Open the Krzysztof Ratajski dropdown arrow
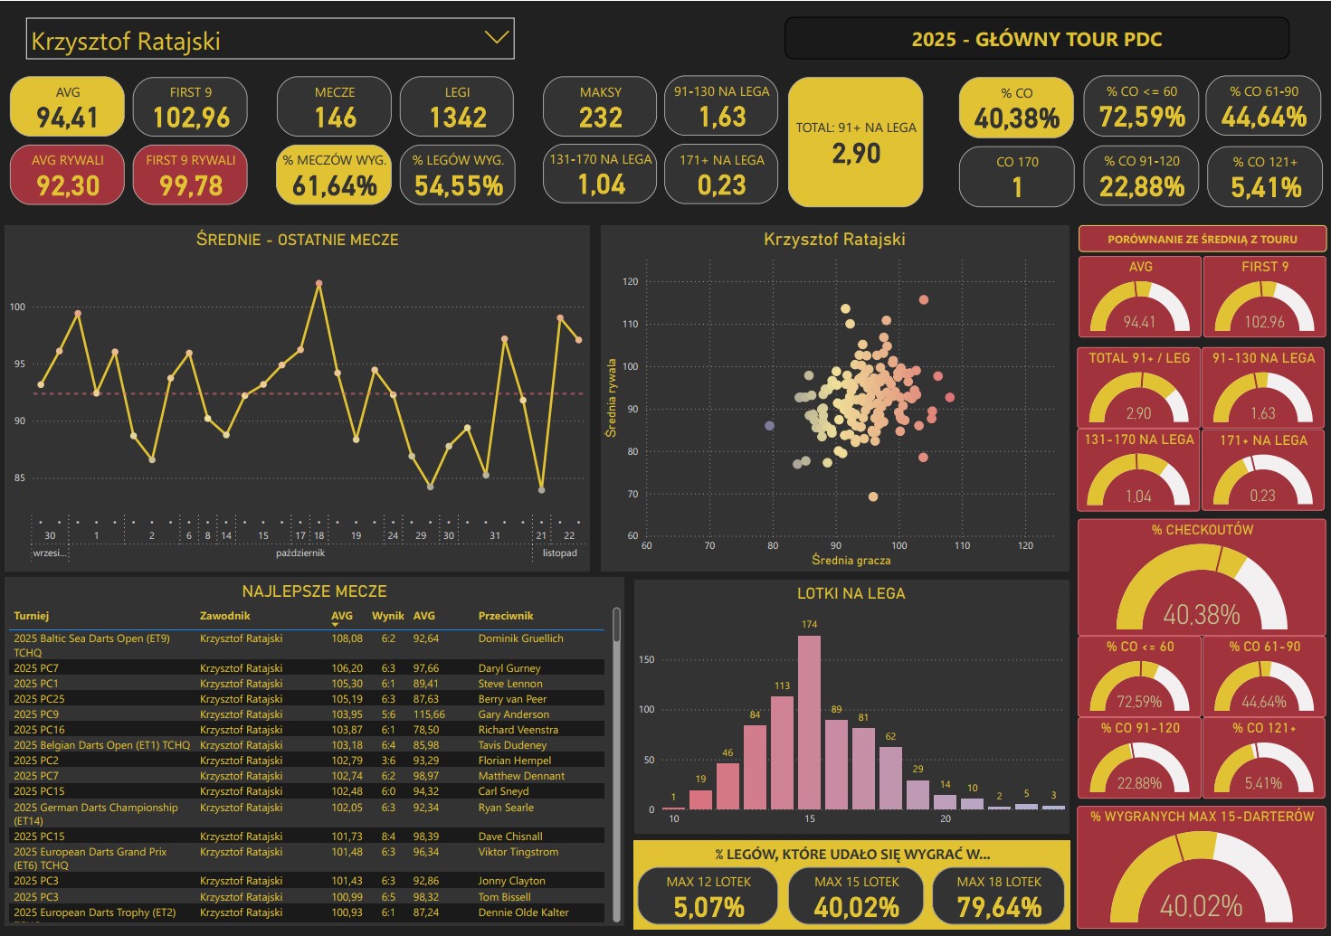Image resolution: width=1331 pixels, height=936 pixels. pos(496,38)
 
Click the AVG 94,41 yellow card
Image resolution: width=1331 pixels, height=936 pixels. pos(67,107)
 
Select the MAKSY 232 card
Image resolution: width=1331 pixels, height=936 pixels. pos(600,107)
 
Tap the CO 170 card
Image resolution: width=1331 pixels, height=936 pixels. pos(1017,176)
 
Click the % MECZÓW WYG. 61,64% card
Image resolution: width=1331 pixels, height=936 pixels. pos(334,175)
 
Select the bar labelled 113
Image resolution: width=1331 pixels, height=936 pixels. pos(782,752)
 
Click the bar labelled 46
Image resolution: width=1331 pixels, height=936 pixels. pos(727,786)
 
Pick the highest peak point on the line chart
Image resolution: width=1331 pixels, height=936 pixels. pos(318,284)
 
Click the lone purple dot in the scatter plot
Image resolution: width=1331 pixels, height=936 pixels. pos(769,426)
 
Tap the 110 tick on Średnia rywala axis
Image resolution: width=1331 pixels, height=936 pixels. pos(630,324)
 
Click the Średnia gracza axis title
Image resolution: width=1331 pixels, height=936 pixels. pos(851,561)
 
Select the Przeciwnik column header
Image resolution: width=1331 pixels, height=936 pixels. pos(506,616)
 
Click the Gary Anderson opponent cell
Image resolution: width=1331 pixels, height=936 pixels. pos(513,714)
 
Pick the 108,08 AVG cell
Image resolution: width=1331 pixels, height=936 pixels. pos(347,638)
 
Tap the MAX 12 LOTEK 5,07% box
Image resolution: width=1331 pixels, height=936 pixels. pos(708,896)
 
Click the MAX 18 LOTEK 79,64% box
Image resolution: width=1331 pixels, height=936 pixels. pos(999,896)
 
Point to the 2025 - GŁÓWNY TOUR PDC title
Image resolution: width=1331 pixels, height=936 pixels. pos(1036,39)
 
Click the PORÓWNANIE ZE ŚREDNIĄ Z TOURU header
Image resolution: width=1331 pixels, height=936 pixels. pos(1202,240)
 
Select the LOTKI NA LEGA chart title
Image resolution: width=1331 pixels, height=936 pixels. pos(851,593)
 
